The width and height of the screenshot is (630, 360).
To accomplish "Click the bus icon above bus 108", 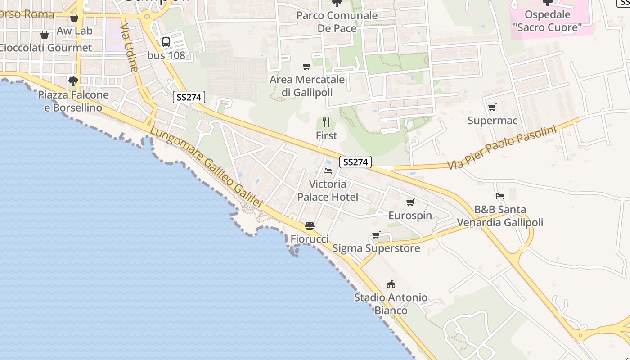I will coord(166,42).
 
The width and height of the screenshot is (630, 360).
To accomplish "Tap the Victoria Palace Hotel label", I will coord(328,190).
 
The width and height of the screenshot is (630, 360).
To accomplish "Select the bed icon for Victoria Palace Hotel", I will coord(328,171).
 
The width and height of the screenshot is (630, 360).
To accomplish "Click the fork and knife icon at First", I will coord(327,122).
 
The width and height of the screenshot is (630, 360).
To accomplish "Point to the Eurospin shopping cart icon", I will coord(410,202).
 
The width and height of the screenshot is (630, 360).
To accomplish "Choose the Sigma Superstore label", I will coord(376,248).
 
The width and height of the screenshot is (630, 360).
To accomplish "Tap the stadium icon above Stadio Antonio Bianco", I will coord(391,284).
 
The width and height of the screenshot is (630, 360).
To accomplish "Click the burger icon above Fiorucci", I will coord(309,225).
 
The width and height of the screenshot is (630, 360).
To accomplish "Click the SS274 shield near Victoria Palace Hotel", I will coord(355,162).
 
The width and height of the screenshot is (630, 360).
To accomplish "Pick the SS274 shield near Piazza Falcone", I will coord(189,97).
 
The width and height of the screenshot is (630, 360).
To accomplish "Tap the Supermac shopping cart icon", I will coord(492,108).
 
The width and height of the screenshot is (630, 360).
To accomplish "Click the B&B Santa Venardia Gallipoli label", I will coord(500,216).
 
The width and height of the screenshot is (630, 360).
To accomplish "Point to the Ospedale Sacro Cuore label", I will coord(547,21).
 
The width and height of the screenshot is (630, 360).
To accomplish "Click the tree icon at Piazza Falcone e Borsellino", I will coord(73,81).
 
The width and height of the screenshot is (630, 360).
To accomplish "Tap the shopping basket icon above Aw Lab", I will coord(74,18).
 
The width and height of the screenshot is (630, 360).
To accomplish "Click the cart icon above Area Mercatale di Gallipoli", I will coord(307,67).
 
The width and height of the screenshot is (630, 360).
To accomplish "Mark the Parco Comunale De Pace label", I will coord(337,22).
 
